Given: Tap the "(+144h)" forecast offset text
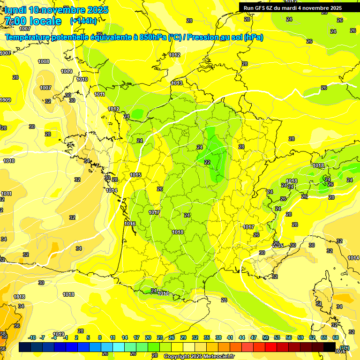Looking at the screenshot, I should [84, 21].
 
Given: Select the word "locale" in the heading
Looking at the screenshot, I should [45, 21].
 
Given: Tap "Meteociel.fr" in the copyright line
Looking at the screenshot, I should [217, 356].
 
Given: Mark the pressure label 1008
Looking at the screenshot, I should [44, 61].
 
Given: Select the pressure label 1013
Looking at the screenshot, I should [177, 83].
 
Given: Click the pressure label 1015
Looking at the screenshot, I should [136, 175].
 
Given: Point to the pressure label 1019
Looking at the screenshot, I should [59, 334].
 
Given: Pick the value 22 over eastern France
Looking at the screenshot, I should [207, 162].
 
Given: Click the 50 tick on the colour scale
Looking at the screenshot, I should [265, 337].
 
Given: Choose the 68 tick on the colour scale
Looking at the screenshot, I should [336, 337].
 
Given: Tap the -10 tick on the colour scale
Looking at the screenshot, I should [32, 337].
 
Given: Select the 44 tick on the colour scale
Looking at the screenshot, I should [242, 337].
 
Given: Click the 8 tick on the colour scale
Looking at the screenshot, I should [100, 337].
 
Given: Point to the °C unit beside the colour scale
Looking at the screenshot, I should [345, 347].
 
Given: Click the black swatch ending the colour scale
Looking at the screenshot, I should [330, 347].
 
